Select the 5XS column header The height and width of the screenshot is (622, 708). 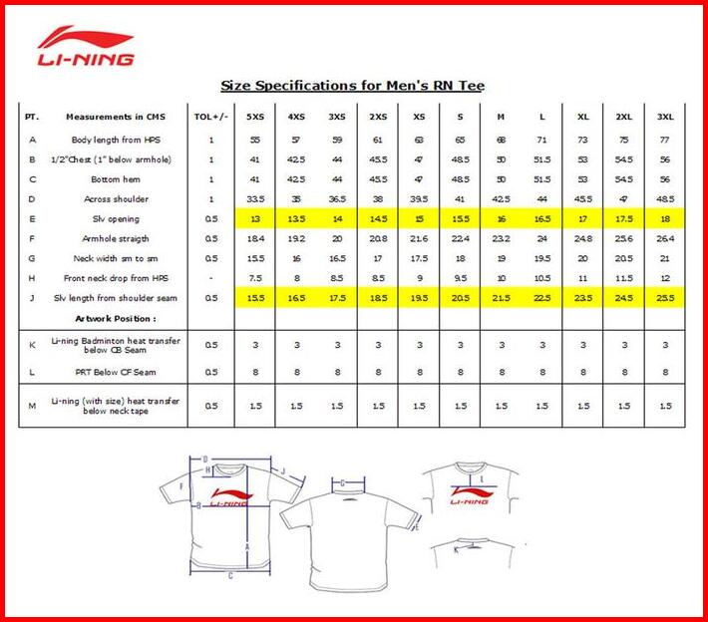coord(255,117)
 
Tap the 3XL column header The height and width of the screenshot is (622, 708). coord(664,117)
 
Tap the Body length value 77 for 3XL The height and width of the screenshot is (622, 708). coord(664,140)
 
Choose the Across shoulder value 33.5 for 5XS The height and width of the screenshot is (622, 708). coord(255,199)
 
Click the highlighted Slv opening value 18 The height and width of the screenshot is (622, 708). coord(664,219)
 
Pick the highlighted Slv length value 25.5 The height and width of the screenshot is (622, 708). coord(664,298)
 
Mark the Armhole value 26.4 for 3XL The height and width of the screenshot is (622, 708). coord(664,239)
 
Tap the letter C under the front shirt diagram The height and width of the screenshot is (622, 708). coord(231,575)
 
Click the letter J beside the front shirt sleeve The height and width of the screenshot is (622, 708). coord(282,470)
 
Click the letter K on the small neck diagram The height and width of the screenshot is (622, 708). coord(456,548)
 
